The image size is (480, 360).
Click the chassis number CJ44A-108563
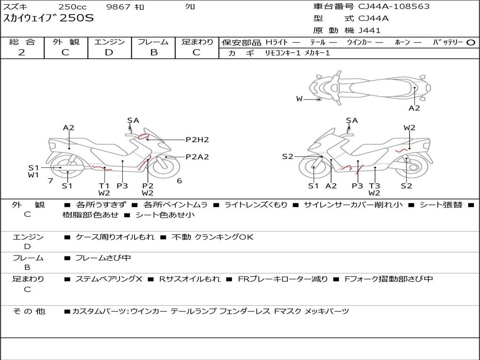pyautogui.click(x=394, y=7)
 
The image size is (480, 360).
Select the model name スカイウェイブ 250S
pyautogui.click(x=48, y=18)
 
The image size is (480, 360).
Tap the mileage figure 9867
pyautogui.click(x=118, y=7)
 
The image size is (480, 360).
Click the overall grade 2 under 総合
pyautogui.click(x=22, y=52)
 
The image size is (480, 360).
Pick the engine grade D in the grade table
pyautogui.click(x=109, y=52)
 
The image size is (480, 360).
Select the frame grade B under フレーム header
pyautogui.click(x=154, y=52)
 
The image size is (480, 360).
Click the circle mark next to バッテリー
pyautogui.click(x=471, y=43)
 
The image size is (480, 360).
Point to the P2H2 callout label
pyautogui.click(x=197, y=140)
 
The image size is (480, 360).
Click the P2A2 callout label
pyautogui.click(x=197, y=157)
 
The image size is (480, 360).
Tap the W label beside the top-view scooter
pyautogui.click(x=300, y=99)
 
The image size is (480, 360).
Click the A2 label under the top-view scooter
pyautogui.click(x=414, y=108)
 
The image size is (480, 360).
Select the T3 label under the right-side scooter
pyautogui.click(x=375, y=186)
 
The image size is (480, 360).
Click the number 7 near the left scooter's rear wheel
pyautogui.click(x=51, y=180)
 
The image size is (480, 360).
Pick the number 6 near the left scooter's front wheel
pyautogui.click(x=180, y=180)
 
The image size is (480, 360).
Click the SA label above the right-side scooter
pyautogui.click(x=352, y=120)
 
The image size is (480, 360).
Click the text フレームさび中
pyautogui.click(x=103, y=258)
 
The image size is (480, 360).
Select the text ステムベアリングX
pyautogui.click(x=109, y=279)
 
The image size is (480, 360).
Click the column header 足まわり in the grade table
pyautogui.click(x=197, y=42)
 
